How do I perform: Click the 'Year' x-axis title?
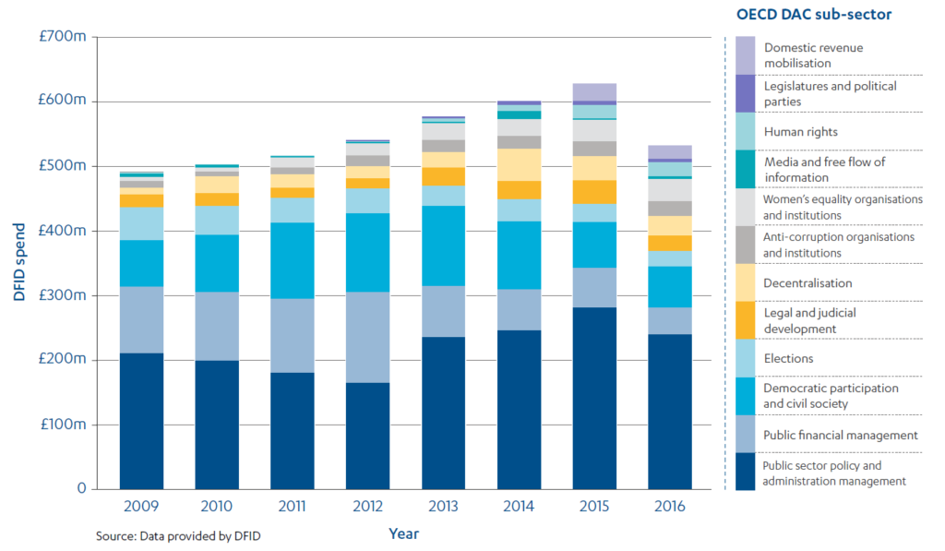(403, 533)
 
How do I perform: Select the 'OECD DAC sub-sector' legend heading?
(813, 15)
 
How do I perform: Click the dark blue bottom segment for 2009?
(141, 421)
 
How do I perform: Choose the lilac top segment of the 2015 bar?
(595, 91)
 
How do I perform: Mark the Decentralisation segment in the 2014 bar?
(520, 164)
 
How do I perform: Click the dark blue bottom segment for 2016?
(671, 412)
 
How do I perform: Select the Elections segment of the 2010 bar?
(217, 221)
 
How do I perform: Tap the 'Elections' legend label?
(788, 359)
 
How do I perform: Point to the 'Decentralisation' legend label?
(807, 283)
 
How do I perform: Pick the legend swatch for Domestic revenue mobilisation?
(746, 55)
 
